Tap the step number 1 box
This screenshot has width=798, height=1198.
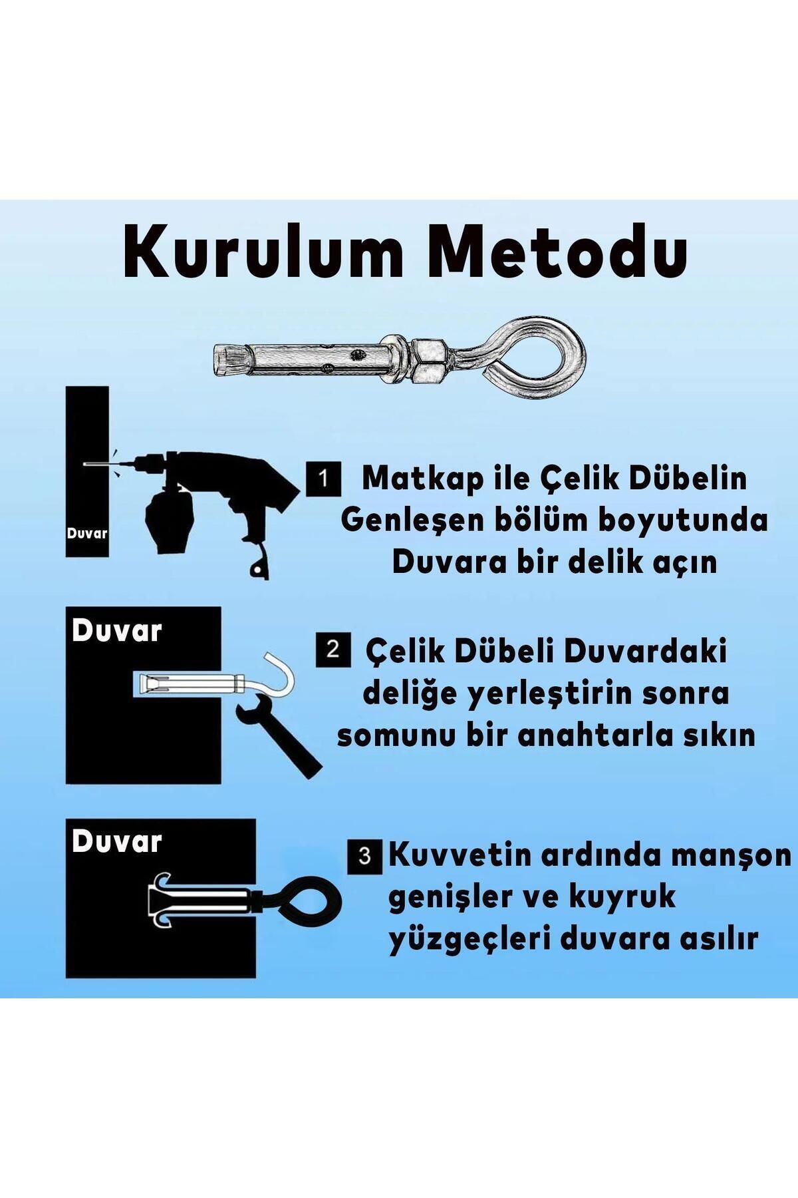(323, 479)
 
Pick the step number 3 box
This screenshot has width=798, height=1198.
(364, 856)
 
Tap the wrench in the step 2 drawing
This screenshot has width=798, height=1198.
(276, 732)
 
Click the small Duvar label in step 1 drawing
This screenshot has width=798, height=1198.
(87, 533)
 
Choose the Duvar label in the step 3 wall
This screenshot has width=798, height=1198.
(116, 842)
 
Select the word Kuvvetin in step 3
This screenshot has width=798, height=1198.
(460, 856)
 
